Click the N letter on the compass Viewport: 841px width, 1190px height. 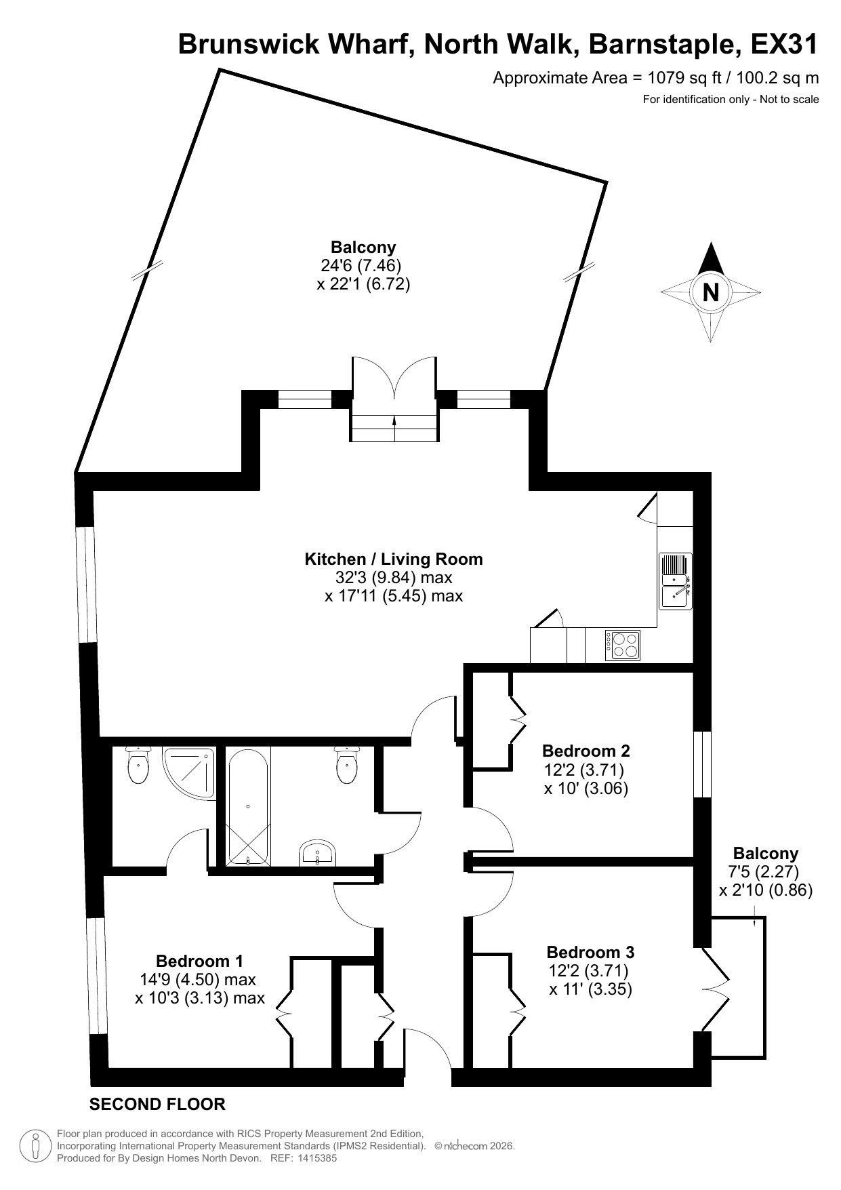710,292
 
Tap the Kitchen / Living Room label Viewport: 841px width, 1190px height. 394,559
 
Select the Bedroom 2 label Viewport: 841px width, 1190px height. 586,751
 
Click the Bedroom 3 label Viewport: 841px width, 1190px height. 590,951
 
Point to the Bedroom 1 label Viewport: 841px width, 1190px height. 199,961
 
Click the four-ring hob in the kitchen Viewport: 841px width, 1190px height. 623,645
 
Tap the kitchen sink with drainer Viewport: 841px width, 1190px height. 675,581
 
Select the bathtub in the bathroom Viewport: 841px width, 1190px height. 248,807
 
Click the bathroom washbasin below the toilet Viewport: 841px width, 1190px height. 317,853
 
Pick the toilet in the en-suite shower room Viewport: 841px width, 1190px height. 138,766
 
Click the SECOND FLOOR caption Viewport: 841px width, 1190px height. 157,1104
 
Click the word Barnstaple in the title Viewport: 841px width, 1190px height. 665,45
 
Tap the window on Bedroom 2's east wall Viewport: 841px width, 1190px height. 705,764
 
